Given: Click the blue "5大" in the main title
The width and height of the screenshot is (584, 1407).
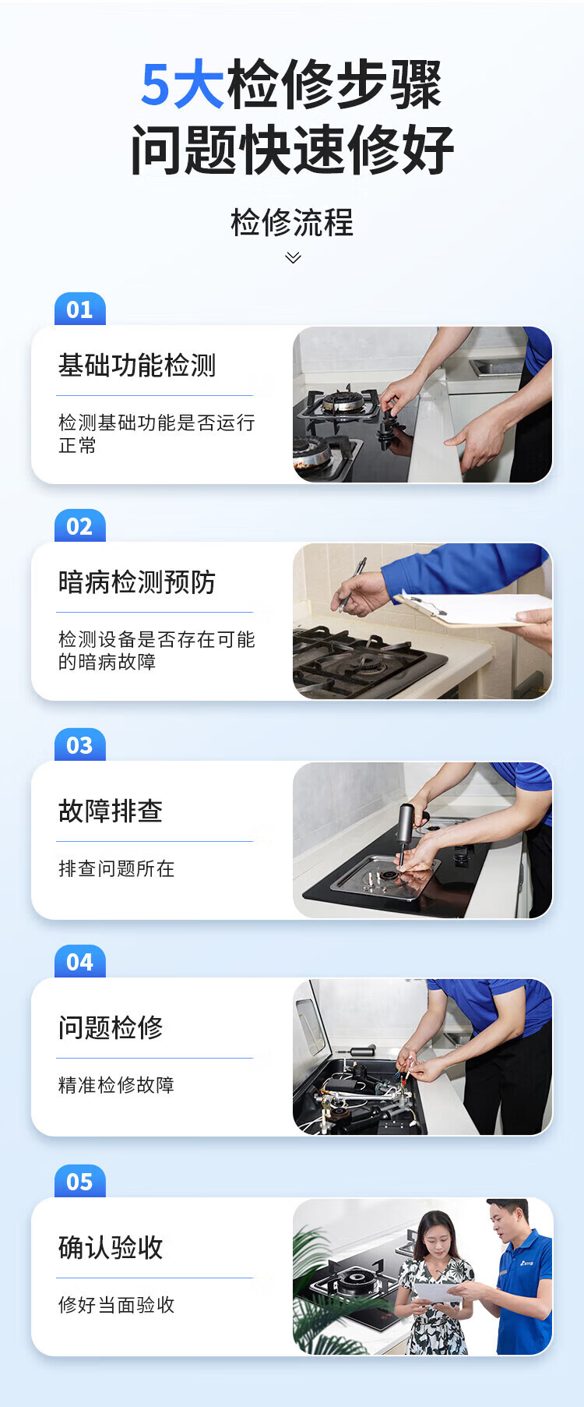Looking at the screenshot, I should [x=182, y=85].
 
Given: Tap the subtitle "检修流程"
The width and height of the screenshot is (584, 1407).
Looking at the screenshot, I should [x=292, y=223].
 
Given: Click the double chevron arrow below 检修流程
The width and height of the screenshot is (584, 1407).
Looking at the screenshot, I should [x=293, y=257].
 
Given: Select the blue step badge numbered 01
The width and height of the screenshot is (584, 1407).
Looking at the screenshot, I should [x=79, y=310].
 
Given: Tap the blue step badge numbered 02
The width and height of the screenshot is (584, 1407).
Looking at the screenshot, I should [x=79, y=527].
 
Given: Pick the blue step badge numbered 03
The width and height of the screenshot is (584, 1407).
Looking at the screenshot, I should [x=79, y=746].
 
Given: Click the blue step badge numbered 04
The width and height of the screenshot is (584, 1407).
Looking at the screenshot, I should [x=79, y=963].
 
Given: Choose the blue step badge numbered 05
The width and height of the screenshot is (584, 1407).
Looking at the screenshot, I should [x=79, y=1183].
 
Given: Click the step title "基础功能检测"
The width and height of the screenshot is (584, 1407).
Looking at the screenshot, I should [x=137, y=365].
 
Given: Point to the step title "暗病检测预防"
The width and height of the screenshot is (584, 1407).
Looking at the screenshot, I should [x=137, y=582].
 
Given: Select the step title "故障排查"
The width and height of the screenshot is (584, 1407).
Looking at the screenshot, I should [x=111, y=811].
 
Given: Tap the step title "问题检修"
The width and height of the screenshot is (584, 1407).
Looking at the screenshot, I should [x=111, y=1027].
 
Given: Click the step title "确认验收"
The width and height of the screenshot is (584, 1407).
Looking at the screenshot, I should [x=111, y=1247].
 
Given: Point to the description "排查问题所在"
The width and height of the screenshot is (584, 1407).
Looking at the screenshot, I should [x=117, y=868].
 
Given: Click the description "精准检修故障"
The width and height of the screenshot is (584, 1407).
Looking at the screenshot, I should [x=117, y=1085].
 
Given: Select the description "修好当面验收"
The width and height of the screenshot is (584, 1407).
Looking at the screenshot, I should [x=117, y=1305].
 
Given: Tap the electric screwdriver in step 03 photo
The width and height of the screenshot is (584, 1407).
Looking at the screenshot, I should [x=405, y=830].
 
